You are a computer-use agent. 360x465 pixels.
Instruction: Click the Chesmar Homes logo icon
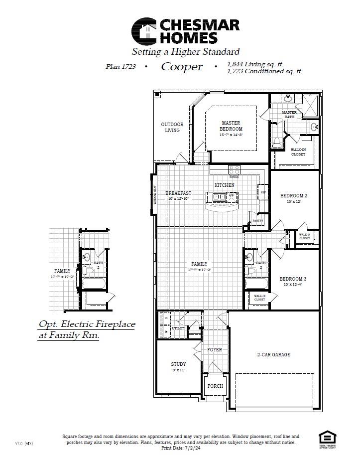144,31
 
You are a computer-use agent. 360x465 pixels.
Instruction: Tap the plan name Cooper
182,67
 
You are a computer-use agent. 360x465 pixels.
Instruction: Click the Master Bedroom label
231,126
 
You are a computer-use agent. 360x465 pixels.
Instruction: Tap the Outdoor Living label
172,127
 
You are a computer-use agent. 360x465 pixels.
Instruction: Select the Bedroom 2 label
293,196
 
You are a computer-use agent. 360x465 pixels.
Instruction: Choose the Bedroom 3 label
292,279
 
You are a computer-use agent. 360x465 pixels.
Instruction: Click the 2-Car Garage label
273,355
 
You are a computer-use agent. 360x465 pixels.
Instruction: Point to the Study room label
178,364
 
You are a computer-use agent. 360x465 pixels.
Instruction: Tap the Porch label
215,386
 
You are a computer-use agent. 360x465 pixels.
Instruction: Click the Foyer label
215,350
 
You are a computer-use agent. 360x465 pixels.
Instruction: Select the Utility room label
178,328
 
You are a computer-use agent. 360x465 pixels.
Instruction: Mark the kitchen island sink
219,197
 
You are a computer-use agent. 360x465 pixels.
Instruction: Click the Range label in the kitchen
234,176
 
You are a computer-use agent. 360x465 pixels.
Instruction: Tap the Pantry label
257,220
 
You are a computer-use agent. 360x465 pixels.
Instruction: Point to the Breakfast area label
178,193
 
